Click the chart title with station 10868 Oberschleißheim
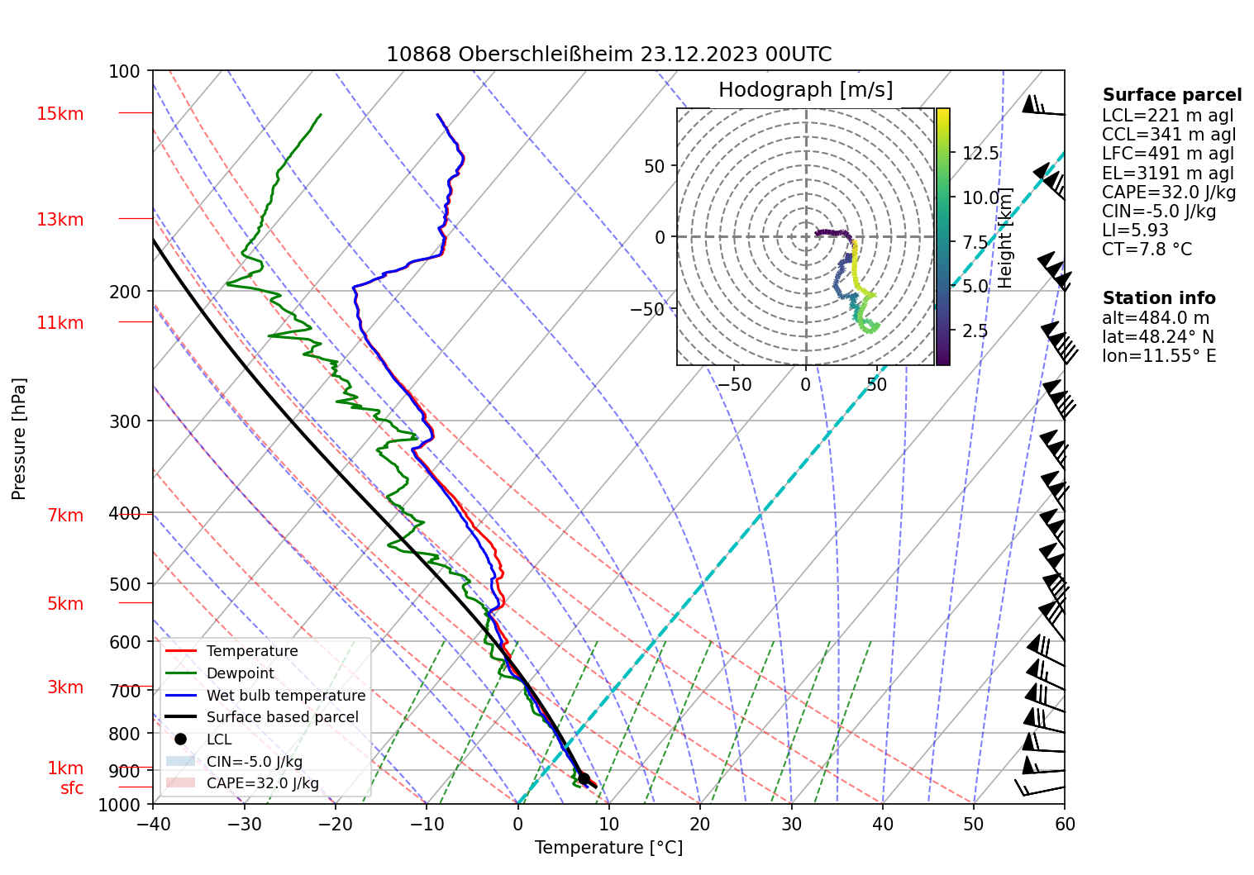(x=608, y=55)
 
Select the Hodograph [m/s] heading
(x=805, y=90)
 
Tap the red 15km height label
(x=60, y=114)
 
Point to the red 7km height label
(x=65, y=516)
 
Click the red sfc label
(x=72, y=788)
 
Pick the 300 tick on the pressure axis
(x=125, y=421)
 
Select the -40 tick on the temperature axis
(x=153, y=824)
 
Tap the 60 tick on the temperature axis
(x=1065, y=824)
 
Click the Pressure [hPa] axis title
(x=19, y=439)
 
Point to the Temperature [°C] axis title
(x=608, y=848)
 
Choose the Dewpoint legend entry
(x=240, y=673)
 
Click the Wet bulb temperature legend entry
(x=285, y=696)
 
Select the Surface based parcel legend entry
(x=282, y=717)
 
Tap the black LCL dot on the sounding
(x=584, y=778)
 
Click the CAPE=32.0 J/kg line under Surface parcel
(x=1168, y=193)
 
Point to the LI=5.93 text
(x=1135, y=231)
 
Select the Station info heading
(x=1158, y=298)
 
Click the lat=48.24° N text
(x=1157, y=337)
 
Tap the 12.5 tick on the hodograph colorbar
(x=980, y=154)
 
